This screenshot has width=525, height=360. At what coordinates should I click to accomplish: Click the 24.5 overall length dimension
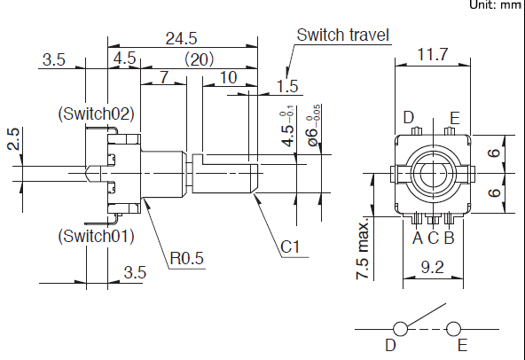(182, 38)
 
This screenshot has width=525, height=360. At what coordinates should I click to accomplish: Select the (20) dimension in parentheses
(199, 59)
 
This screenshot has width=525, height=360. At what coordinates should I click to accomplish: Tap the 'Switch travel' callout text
(343, 35)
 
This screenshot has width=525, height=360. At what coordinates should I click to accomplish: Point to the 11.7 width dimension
(432, 54)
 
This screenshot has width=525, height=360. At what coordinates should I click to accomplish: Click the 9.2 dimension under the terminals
(432, 267)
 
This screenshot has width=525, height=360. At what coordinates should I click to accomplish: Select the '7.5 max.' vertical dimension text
(363, 250)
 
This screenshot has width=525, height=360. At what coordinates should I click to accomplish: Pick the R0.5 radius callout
(187, 258)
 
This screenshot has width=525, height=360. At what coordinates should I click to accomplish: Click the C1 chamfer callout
(290, 247)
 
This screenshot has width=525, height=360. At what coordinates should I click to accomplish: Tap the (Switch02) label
(97, 113)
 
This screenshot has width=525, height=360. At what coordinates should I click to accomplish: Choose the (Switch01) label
(97, 236)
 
